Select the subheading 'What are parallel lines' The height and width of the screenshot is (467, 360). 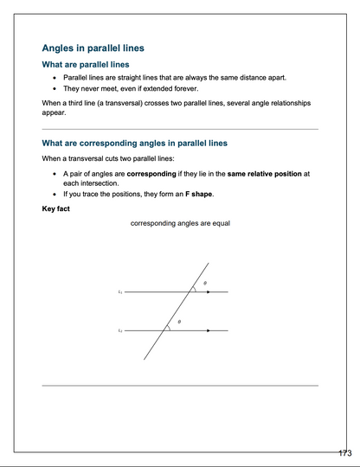(x=86, y=65)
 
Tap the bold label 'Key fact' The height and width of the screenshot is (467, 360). (x=58, y=208)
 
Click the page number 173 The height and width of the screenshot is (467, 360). (x=344, y=453)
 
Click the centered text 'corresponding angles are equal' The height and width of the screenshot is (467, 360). (x=180, y=223)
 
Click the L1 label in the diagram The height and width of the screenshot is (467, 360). (x=119, y=292)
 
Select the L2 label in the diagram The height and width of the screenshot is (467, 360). (x=119, y=330)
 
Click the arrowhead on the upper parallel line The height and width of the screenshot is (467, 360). (x=209, y=292)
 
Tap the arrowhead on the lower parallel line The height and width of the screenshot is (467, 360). (x=209, y=330)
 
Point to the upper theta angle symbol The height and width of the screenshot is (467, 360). (x=205, y=283)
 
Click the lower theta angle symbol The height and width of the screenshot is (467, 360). (x=179, y=322)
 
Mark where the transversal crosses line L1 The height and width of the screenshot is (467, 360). (x=190, y=292)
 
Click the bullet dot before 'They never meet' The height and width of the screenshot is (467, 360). (x=55, y=88)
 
